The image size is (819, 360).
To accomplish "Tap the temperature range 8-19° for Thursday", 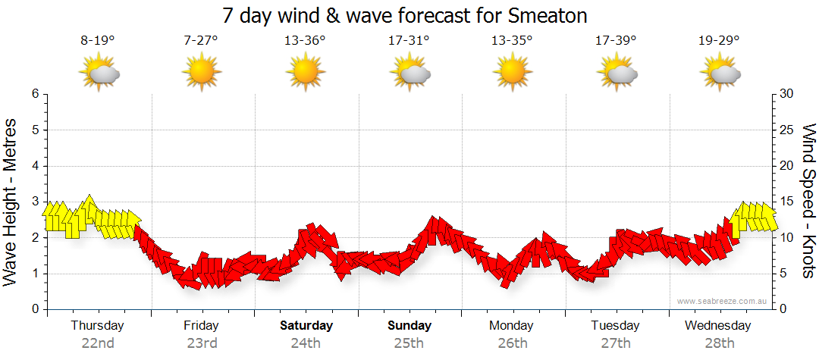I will pyautogui.click(x=98, y=41).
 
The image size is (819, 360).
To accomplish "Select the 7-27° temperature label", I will pyautogui.click(x=201, y=41).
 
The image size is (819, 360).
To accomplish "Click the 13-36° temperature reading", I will pyautogui.click(x=305, y=41).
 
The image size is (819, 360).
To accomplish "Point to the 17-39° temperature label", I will pyautogui.click(x=616, y=41).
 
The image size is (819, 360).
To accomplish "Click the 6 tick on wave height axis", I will pyautogui.click(x=35, y=94).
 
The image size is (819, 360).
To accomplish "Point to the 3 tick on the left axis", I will pyautogui.click(x=35, y=202).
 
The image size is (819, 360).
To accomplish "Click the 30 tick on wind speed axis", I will pyautogui.click(x=787, y=94).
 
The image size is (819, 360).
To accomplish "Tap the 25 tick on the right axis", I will pyautogui.click(x=787, y=130).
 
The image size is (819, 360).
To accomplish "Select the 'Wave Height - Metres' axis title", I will pyautogui.click(x=12, y=202).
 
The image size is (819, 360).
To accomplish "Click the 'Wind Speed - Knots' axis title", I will pyautogui.click(x=808, y=202).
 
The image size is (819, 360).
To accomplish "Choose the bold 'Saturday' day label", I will pyautogui.click(x=306, y=326).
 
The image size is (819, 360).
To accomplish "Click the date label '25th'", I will pyautogui.click(x=409, y=343).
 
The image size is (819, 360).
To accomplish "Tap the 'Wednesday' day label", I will pyautogui.click(x=717, y=326).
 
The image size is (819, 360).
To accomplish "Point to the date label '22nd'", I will pyautogui.click(x=98, y=343).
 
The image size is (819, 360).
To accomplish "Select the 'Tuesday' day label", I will pyautogui.click(x=615, y=326).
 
